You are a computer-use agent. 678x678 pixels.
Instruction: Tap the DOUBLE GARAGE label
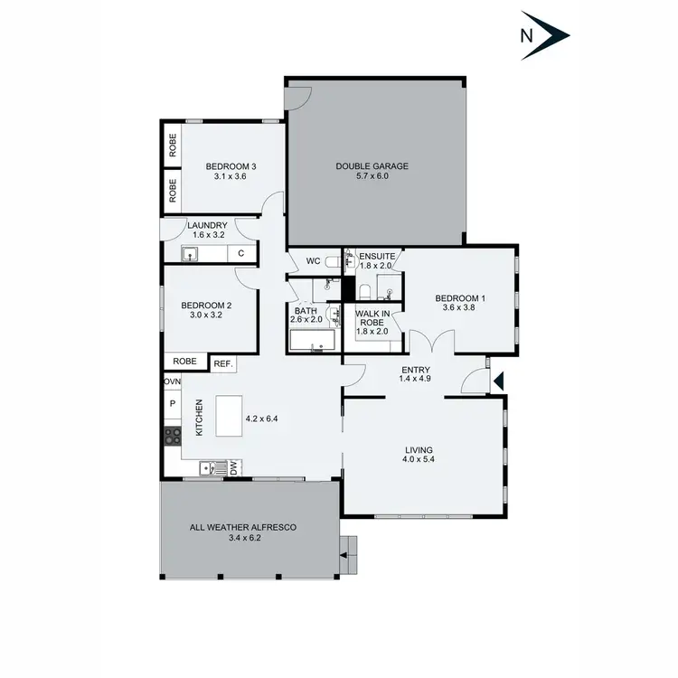pyautogui.click(x=372, y=165)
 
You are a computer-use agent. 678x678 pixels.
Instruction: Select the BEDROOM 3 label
pyautogui.click(x=231, y=166)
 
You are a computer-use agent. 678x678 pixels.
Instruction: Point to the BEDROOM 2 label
pyautogui.click(x=206, y=306)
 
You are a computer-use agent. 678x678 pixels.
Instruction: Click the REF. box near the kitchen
pyautogui.click(x=223, y=363)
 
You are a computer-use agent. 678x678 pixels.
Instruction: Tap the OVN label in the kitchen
pyautogui.click(x=172, y=382)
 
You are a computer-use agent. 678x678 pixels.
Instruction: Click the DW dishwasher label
pyautogui.click(x=232, y=467)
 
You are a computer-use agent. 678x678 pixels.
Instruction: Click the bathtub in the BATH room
pyautogui.click(x=312, y=341)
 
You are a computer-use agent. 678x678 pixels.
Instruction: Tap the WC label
pyautogui.click(x=314, y=261)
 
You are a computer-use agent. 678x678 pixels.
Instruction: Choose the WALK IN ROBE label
pyautogui.click(x=372, y=321)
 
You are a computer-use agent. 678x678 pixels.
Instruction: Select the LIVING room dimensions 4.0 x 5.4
pyautogui.click(x=419, y=460)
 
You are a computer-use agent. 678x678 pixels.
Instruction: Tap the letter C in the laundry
pyautogui.click(x=240, y=254)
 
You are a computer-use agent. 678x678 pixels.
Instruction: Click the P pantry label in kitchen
pyautogui.click(x=172, y=405)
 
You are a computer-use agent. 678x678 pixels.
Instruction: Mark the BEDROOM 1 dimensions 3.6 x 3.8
pyautogui.click(x=459, y=308)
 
